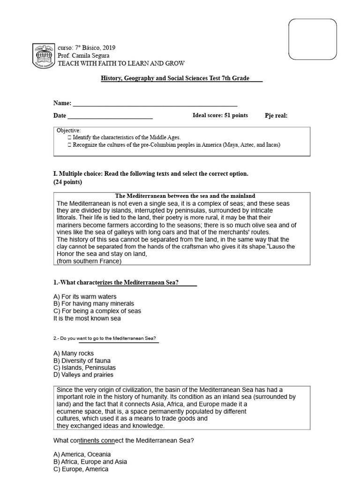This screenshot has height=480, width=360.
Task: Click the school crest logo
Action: pos(43,56)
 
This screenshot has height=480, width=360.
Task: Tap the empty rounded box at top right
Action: pos(312,39)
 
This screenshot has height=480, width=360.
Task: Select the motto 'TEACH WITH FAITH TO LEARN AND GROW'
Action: pos(120,63)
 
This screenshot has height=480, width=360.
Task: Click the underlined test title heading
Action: pos(181,78)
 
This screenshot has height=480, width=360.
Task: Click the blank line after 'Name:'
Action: pos(155,104)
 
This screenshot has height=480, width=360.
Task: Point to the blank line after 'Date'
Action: pos(110,116)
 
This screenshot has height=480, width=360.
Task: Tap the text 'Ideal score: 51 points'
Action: pos(220,115)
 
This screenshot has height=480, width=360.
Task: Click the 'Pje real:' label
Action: pos(276,116)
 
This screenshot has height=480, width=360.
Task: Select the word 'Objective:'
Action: pos(69,130)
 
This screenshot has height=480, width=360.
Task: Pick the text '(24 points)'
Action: pos(68,182)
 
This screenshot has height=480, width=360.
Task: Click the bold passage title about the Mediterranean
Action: pos(185,195)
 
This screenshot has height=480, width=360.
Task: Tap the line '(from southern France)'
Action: pos(89,261)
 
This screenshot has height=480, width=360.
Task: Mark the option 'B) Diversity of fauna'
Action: pos(82,360)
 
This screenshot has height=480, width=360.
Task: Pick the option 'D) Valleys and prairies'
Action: pos(83,375)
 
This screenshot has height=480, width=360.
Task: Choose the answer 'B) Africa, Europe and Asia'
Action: pos(90,462)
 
